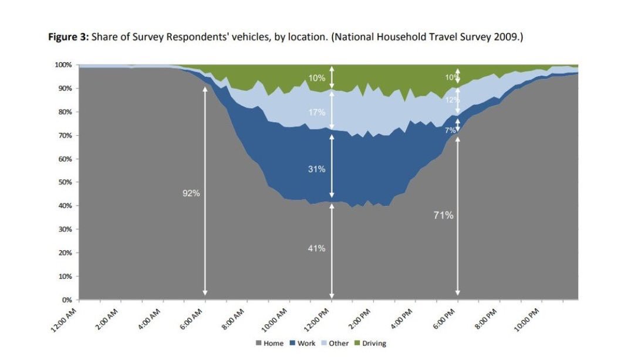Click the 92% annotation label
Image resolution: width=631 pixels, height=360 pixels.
(x=191, y=194)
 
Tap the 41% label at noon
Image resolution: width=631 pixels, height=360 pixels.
(x=317, y=248)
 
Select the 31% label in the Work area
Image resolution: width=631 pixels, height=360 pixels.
(x=317, y=169)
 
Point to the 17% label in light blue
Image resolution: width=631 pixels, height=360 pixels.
(x=317, y=112)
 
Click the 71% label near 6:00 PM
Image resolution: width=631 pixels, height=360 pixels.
(x=443, y=216)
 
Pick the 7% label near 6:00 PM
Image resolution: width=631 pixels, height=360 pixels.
(x=450, y=130)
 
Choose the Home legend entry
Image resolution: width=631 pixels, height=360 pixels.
(x=269, y=343)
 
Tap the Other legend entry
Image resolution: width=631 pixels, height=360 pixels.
(x=335, y=343)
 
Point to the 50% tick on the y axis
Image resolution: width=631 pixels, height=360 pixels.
(x=65, y=183)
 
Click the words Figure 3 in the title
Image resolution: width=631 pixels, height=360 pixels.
(x=68, y=38)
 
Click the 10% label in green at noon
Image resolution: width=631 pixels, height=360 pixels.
(x=317, y=78)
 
